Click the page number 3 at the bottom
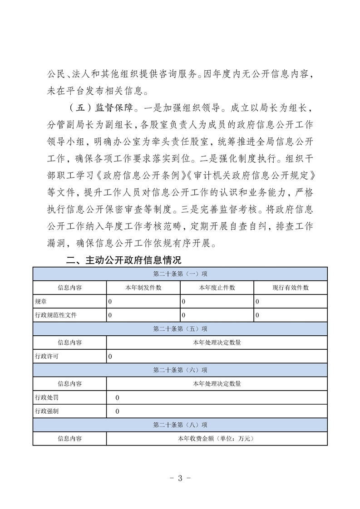click(180, 478)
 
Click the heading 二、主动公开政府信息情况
click(124, 260)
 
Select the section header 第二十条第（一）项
click(180, 274)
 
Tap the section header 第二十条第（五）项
click(180, 329)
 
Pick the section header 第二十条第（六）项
click(180, 370)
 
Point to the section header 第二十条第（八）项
click(180, 425)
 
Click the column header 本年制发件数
click(143, 288)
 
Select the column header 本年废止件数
click(217, 288)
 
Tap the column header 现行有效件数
click(291, 288)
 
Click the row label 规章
click(40, 301)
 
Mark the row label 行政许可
click(46, 357)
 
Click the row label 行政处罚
click(46, 397)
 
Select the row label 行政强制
click(46, 411)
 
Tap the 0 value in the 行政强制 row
click(118, 411)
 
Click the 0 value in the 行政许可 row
click(110, 357)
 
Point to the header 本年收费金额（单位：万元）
click(217, 439)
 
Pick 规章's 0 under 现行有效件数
click(257, 301)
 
